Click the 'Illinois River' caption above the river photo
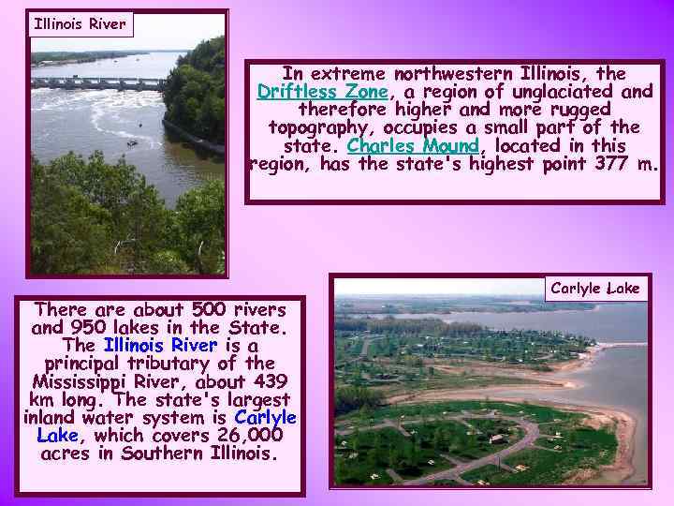click(80, 24)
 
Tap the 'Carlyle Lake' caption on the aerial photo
click(595, 289)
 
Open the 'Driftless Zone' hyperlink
click(322, 92)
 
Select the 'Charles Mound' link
click(413, 146)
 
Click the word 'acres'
click(66, 454)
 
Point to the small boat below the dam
click(131, 142)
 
